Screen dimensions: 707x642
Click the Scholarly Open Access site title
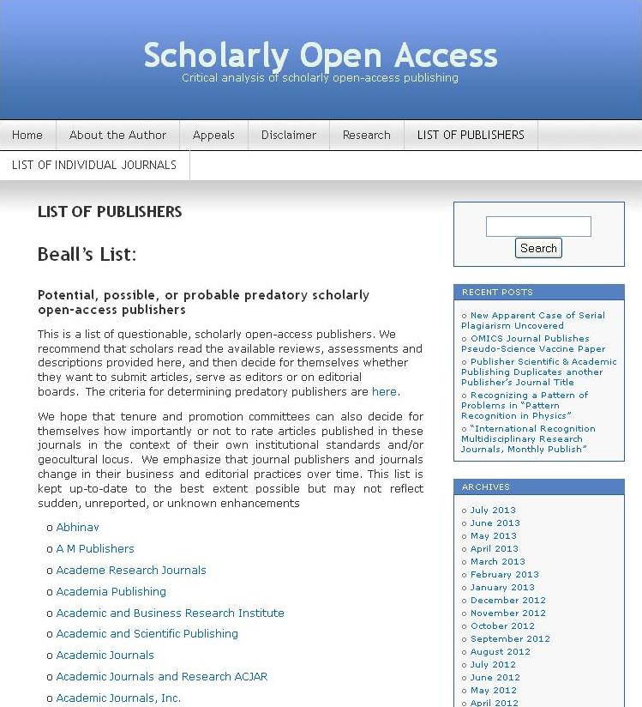pyautogui.click(x=320, y=55)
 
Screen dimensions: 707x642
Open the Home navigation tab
pyautogui.click(x=27, y=135)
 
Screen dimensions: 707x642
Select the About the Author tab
pyautogui.click(x=117, y=135)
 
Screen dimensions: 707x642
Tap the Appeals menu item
pyautogui.click(x=213, y=135)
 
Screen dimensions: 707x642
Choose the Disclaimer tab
pyautogui.click(x=288, y=135)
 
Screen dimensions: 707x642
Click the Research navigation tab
pyautogui.click(x=366, y=135)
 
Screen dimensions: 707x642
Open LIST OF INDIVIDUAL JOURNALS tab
pyautogui.click(x=94, y=165)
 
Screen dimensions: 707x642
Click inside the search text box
pyautogui.click(x=537, y=227)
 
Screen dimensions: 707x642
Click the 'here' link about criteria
pyautogui.click(x=384, y=392)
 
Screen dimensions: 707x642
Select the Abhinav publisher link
pyautogui.click(x=77, y=528)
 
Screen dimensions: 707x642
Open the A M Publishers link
pyautogui.click(x=95, y=549)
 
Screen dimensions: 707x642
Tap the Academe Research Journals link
pyautogui.click(x=131, y=571)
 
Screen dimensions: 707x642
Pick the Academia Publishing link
pyautogui.click(x=111, y=592)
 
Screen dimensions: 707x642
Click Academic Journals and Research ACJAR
pyautogui.click(x=161, y=677)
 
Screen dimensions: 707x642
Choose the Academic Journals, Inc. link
pyautogui.click(x=118, y=698)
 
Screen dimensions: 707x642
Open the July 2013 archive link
pyautogui.click(x=493, y=511)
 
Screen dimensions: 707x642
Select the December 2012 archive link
pyautogui.click(x=507, y=601)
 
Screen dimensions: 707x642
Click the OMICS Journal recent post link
pyautogui.click(x=532, y=344)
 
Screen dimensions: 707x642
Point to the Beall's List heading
pyautogui.click(x=87, y=255)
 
